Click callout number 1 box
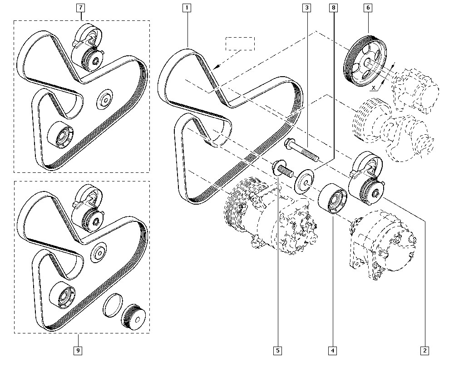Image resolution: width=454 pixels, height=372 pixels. (x=187, y=8)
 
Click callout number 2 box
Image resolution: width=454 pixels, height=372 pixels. (x=425, y=350)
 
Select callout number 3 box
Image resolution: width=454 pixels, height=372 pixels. (x=307, y=8)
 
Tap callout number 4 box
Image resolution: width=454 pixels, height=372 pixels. (x=333, y=350)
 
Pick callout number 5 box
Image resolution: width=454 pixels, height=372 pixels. (x=277, y=350)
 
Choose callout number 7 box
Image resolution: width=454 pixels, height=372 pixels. (x=81, y=8)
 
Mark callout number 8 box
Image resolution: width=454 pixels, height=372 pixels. (x=334, y=8)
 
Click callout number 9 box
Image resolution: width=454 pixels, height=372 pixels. (x=78, y=350)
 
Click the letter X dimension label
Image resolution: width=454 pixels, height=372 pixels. (x=373, y=86)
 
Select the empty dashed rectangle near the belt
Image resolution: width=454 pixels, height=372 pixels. (x=241, y=44)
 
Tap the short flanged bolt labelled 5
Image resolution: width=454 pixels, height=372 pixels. (x=281, y=170)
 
